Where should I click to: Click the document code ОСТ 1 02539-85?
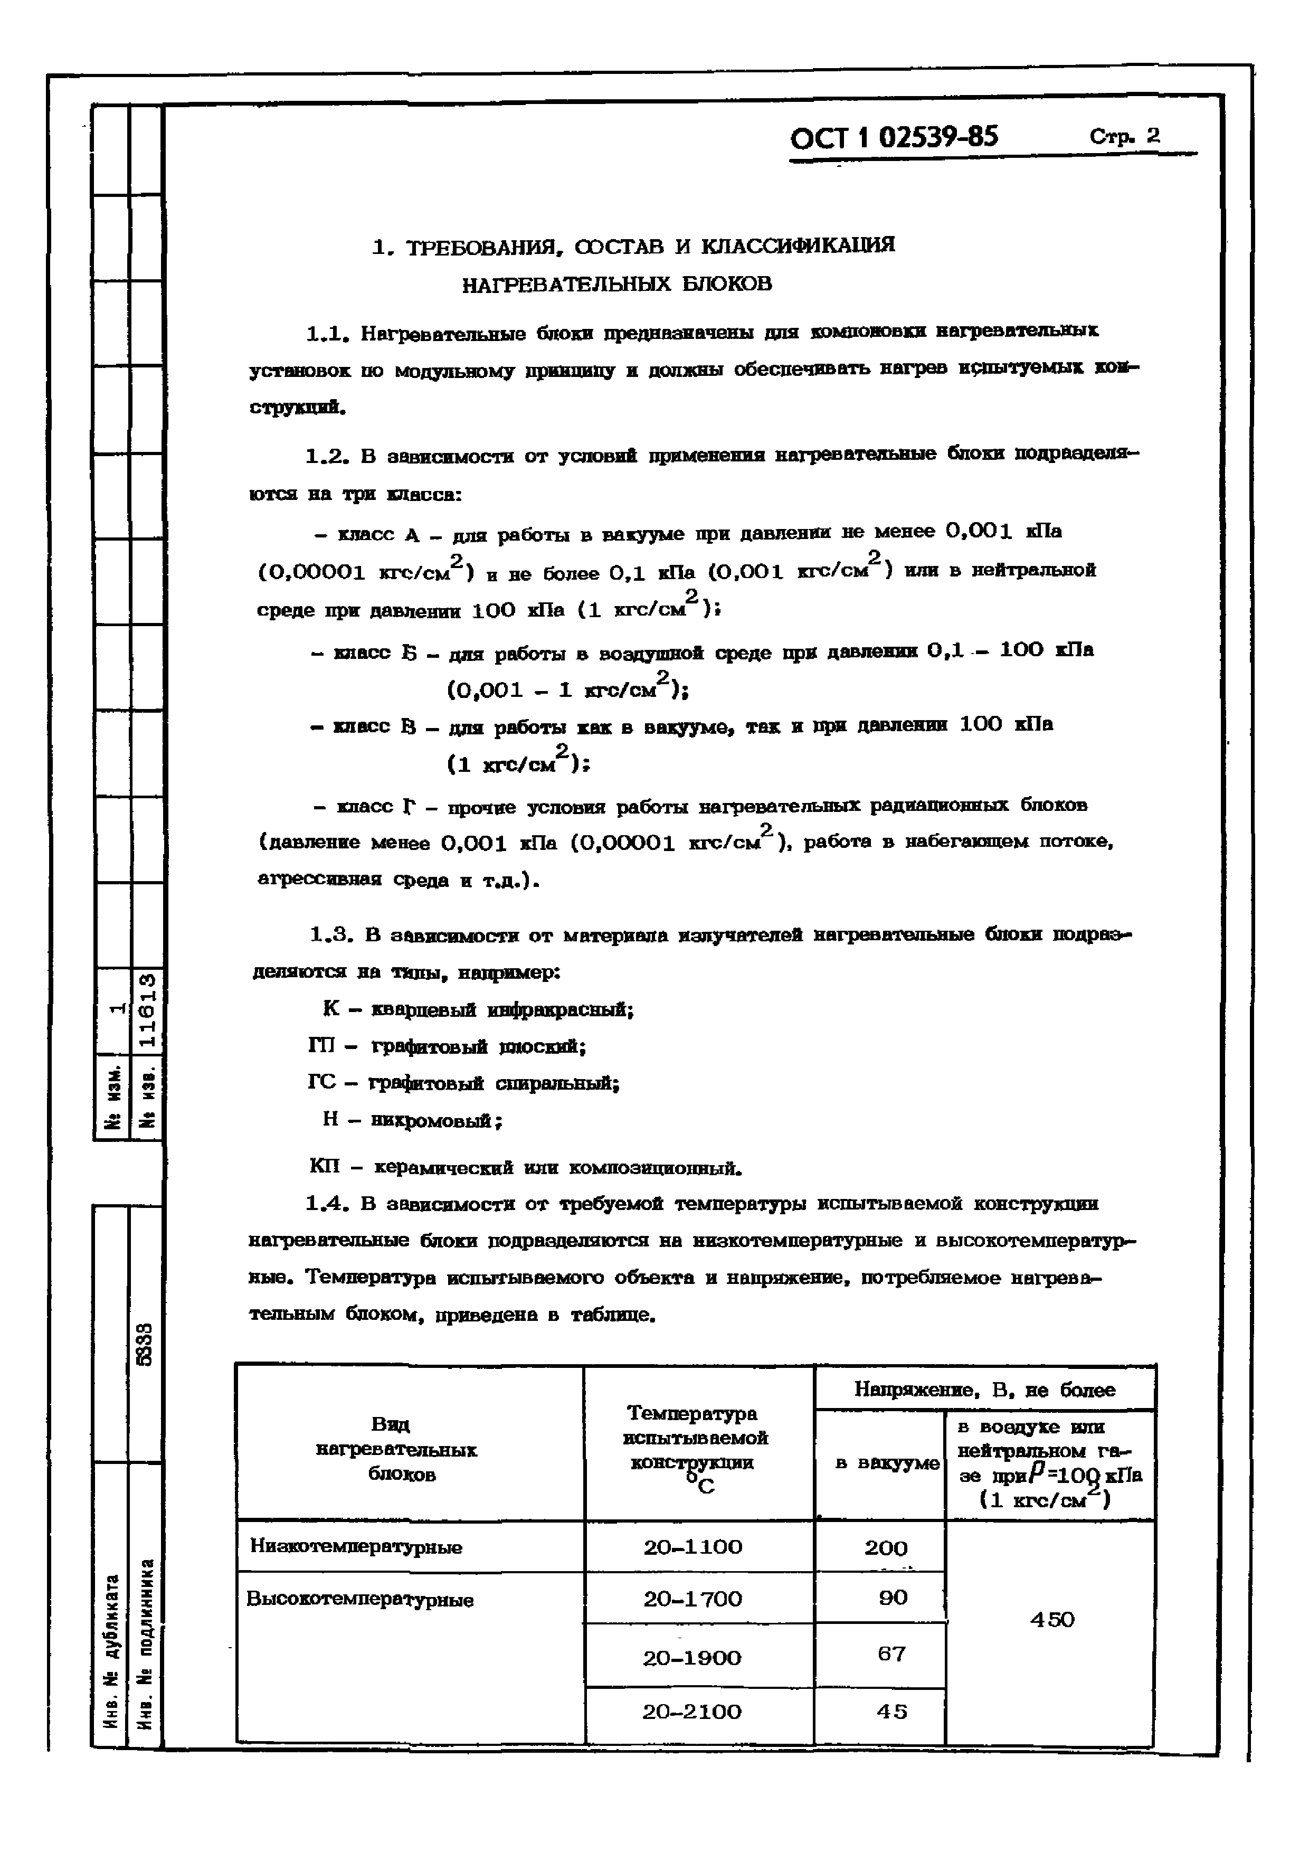[893, 138]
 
